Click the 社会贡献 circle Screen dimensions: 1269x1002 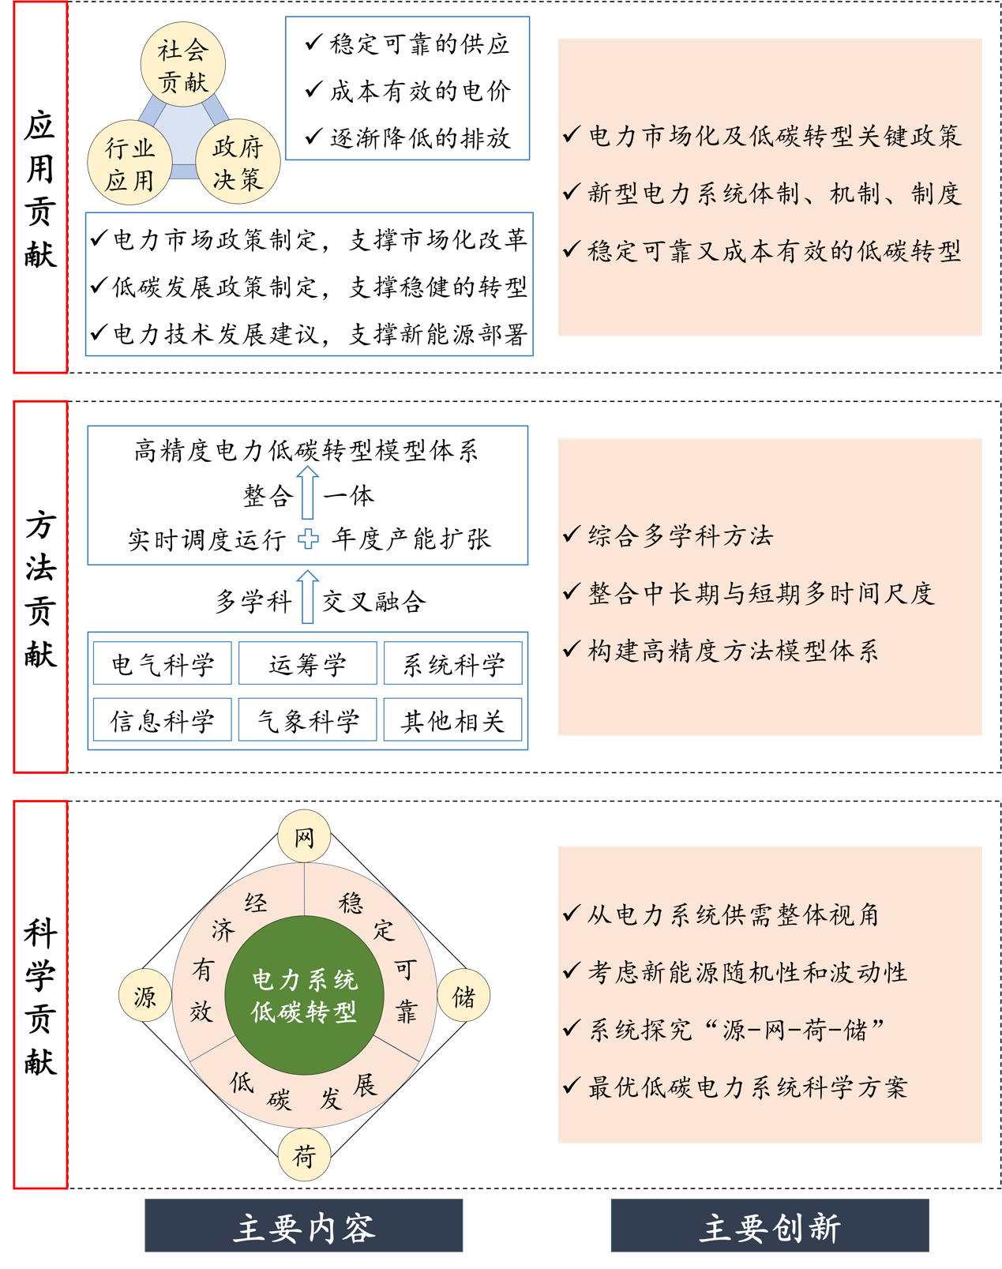[183, 66]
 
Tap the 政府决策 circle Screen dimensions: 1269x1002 [237, 163]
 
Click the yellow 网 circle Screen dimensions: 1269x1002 [304, 836]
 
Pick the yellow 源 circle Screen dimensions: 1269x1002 [145, 996]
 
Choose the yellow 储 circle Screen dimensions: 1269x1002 [463, 996]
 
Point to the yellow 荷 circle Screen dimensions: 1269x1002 [304, 1155]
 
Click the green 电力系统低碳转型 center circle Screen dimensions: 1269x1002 [304, 996]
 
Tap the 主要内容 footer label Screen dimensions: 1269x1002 [304, 1226]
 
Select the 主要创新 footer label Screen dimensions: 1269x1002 [770, 1226]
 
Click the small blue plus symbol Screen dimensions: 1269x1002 [308, 539]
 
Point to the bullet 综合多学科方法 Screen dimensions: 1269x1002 [680, 535]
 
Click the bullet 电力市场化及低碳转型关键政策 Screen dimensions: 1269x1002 [774, 136]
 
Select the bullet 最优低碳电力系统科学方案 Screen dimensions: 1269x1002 [747, 1087]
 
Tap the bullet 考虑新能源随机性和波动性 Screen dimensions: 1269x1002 [747, 972]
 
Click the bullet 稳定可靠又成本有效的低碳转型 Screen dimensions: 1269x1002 [774, 251]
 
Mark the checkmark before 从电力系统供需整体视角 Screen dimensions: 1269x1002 [571, 914]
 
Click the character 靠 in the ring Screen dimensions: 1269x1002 [407, 1012]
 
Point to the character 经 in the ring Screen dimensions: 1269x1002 [255, 903]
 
